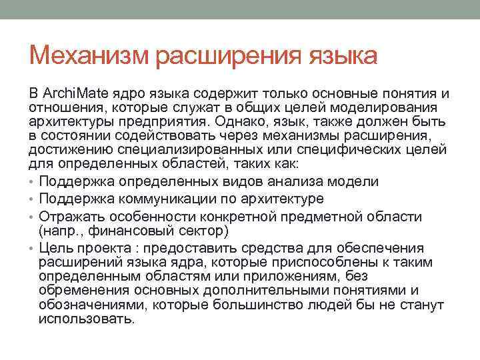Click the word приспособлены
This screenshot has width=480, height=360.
click(x=304, y=263)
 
